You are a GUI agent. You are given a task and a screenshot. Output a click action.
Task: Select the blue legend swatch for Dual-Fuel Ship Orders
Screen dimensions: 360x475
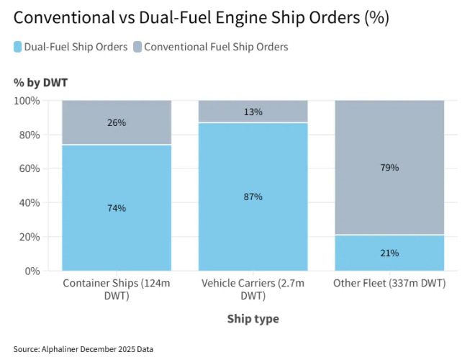pos(18,47)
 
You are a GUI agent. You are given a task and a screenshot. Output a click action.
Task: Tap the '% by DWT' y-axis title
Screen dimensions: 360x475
pos(40,83)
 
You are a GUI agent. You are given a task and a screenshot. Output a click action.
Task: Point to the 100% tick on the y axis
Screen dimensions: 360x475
pos(27,101)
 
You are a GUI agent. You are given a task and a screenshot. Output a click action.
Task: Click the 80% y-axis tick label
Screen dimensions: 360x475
pos(29,135)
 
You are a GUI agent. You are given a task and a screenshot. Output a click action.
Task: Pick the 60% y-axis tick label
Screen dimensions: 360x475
pos(29,168)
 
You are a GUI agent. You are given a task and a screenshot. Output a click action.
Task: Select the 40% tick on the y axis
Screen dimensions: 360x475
pos(29,202)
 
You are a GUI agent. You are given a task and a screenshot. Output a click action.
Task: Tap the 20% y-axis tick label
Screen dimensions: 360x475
pos(29,237)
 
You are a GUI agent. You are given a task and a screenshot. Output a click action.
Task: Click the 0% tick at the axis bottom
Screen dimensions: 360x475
pos(32,271)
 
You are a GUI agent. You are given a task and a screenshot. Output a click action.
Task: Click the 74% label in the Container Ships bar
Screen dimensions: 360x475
pos(117,208)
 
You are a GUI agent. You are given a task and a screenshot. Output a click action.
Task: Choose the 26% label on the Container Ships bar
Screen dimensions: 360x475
pos(117,122)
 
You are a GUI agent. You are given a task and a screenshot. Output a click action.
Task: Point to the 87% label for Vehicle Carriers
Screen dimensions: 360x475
pos(253,197)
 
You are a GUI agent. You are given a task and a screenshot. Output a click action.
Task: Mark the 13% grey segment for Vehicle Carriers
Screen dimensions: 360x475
pos(253,112)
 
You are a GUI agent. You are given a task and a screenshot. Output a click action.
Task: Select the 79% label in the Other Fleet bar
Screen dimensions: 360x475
pos(389,168)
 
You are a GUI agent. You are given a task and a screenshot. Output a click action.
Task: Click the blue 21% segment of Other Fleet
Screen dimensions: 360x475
pos(389,253)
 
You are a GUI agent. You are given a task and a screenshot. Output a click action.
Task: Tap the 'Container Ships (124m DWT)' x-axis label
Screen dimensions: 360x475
pos(117,289)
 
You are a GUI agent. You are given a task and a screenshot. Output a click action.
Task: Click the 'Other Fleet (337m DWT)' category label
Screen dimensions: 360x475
pos(389,284)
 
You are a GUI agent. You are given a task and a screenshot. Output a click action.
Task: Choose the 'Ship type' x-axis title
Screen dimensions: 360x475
pos(253,318)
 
